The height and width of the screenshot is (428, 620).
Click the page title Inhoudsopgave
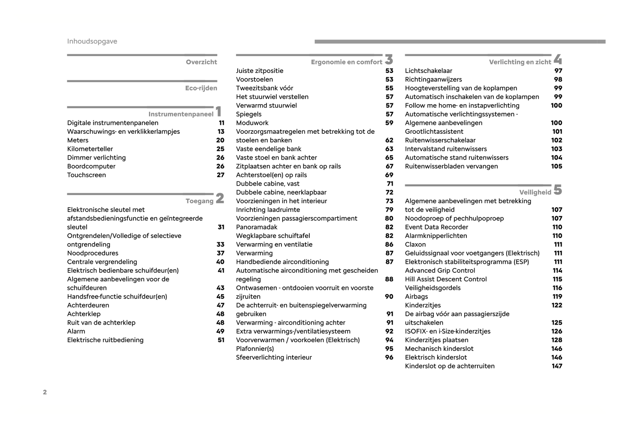(x=92, y=42)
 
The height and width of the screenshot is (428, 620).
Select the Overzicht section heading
(x=201, y=62)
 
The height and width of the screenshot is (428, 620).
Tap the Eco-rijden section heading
(x=201, y=88)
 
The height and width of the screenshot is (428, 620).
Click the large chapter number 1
(x=219, y=112)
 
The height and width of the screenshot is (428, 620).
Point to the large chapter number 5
(x=557, y=190)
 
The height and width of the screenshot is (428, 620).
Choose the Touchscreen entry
(x=86, y=175)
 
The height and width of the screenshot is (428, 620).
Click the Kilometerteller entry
(x=90, y=149)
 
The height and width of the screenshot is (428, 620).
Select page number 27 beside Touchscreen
(x=220, y=175)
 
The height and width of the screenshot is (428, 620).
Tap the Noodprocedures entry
(x=93, y=253)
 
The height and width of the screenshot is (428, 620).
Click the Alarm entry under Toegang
(x=76, y=331)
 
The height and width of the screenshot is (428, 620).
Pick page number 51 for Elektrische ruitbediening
(x=221, y=340)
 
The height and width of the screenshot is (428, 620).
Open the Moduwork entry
(x=252, y=123)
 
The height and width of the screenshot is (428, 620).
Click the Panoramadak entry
(x=257, y=227)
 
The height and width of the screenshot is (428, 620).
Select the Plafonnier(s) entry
(x=255, y=349)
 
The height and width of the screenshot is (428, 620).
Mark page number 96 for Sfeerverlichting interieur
(x=389, y=357)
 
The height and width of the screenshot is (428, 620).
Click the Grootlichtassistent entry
(x=434, y=132)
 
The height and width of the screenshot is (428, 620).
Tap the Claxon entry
(x=415, y=244)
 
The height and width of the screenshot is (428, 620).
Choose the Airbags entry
(x=416, y=296)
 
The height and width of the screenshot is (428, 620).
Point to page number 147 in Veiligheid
(x=556, y=366)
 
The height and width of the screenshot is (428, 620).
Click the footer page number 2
(x=45, y=392)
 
